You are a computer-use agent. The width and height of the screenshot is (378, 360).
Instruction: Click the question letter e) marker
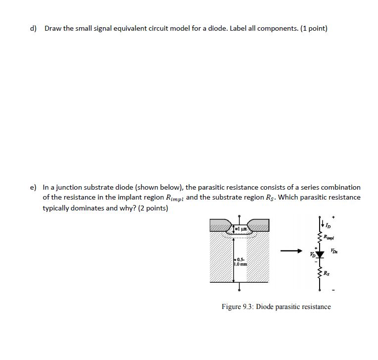(33, 188)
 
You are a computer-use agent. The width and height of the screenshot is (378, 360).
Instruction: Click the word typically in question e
(59, 208)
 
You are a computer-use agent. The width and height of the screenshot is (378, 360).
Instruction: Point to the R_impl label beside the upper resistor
(330, 237)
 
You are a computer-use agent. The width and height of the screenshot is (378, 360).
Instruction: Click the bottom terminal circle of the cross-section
(239, 290)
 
